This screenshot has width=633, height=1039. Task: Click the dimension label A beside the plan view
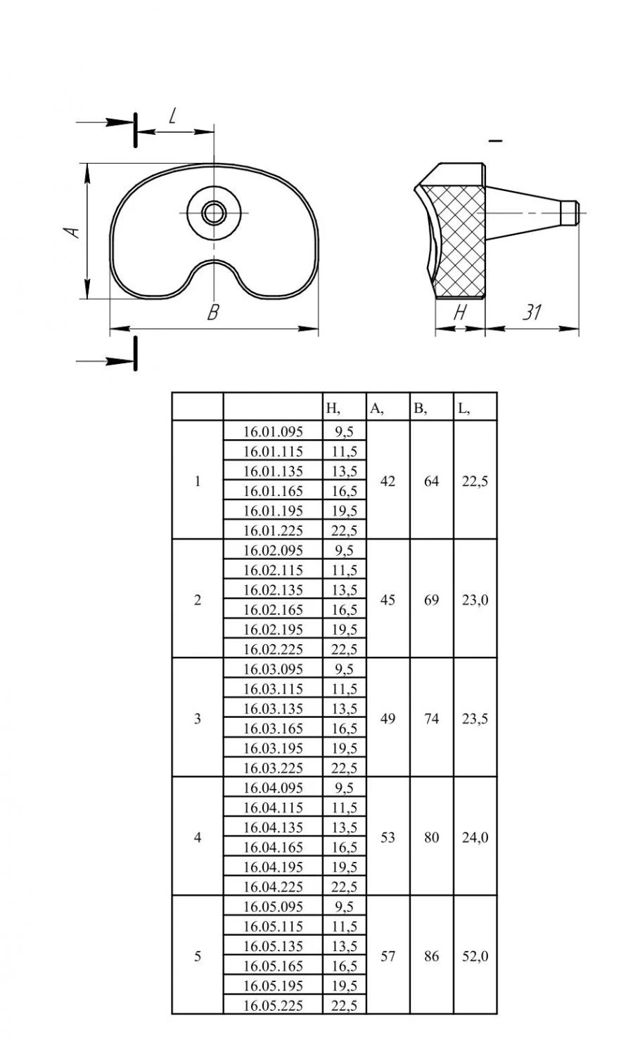(73, 231)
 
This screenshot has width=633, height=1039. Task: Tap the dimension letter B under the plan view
(212, 312)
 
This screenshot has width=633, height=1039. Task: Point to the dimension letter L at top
(172, 115)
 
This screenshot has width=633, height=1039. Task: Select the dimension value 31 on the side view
(532, 312)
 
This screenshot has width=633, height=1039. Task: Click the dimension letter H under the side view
(459, 313)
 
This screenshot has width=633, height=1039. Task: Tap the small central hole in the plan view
(214, 213)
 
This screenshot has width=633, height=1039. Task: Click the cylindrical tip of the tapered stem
(570, 212)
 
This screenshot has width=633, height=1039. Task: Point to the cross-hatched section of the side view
(458, 241)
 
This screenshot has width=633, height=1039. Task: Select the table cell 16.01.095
(273, 431)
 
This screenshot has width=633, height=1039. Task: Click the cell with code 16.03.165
(273, 728)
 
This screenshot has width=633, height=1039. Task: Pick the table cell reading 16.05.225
(273, 1005)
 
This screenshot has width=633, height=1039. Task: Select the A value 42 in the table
(388, 481)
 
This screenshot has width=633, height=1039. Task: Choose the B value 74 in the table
(431, 719)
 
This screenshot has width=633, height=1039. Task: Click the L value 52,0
(475, 956)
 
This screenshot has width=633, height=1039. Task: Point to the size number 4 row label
(198, 837)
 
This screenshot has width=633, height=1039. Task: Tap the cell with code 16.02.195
(273, 629)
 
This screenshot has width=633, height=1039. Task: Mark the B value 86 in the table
(431, 956)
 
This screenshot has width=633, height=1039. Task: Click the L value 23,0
(475, 600)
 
